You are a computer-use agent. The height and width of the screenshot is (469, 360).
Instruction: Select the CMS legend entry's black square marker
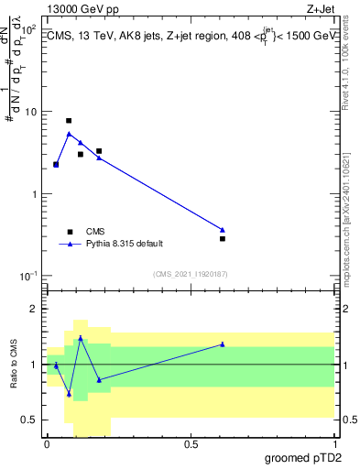click(x=69, y=232)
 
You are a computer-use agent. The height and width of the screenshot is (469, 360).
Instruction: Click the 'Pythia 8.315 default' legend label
click(x=125, y=244)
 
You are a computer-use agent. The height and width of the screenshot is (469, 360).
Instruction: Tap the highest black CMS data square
click(x=69, y=121)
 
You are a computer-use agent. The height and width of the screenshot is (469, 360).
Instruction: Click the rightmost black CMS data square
click(x=223, y=238)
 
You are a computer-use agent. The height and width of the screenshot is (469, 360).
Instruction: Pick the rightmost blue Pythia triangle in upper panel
click(x=223, y=229)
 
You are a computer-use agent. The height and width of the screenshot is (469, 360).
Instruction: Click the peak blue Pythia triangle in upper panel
click(x=69, y=134)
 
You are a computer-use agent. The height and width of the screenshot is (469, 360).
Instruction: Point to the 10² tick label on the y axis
click(x=28, y=30)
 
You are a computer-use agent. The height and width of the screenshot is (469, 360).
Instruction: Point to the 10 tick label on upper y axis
click(x=29, y=112)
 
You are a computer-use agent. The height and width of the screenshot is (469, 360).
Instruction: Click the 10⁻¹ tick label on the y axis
click(x=27, y=277)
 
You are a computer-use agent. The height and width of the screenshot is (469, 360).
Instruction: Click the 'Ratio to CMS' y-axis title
click(x=13, y=364)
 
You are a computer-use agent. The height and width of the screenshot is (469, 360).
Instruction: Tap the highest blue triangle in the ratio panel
click(x=81, y=338)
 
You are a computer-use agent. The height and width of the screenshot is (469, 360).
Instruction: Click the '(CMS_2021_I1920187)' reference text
click(x=190, y=274)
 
